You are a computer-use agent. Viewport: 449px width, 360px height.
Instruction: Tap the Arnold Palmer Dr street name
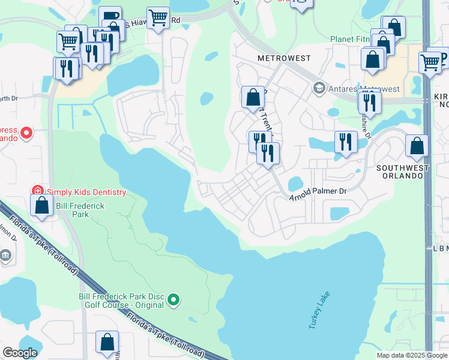[x=319, y=194]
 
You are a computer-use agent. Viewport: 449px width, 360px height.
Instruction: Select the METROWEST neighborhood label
[x=284, y=58]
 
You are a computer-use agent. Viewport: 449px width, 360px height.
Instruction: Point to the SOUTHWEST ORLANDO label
[x=403, y=169]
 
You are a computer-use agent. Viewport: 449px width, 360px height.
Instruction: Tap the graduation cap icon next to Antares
[x=319, y=89]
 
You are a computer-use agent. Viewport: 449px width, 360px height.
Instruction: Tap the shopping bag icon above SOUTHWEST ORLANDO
[x=417, y=145]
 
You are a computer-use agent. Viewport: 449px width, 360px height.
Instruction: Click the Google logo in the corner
[x=20, y=352]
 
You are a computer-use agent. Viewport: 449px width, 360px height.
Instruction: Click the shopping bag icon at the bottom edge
[x=107, y=343]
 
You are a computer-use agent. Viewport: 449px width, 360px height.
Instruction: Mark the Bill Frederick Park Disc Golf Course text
[x=121, y=301]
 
